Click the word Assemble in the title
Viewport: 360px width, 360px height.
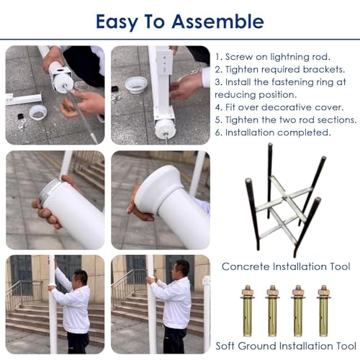pyautogui.click(x=217, y=22)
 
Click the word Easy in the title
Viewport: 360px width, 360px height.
pyautogui.click(x=117, y=22)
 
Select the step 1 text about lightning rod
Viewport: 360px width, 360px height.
pyautogui.click(x=273, y=57)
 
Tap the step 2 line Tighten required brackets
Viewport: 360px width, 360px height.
pyautogui.click(x=280, y=70)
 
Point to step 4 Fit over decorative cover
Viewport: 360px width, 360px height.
pyautogui.click(x=279, y=107)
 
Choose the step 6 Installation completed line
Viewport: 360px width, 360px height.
pyautogui.click(x=273, y=132)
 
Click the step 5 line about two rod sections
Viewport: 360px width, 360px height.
pyautogui.click(x=286, y=120)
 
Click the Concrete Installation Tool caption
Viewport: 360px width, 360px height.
pyautogui.click(x=286, y=266)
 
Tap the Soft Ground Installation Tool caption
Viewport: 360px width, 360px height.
pyautogui.click(x=286, y=346)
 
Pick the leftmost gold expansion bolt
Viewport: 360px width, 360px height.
pyautogui.click(x=248, y=311)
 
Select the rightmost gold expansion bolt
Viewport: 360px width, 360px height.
pyautogui.click(x=324, y=311)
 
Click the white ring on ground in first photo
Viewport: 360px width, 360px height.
pyautogui.click(x=37, y=112)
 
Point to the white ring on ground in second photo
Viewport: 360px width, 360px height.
pyautogui.click(x=135, y=86)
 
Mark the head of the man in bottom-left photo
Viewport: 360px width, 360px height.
pyautogui.click(x=80, y=280)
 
